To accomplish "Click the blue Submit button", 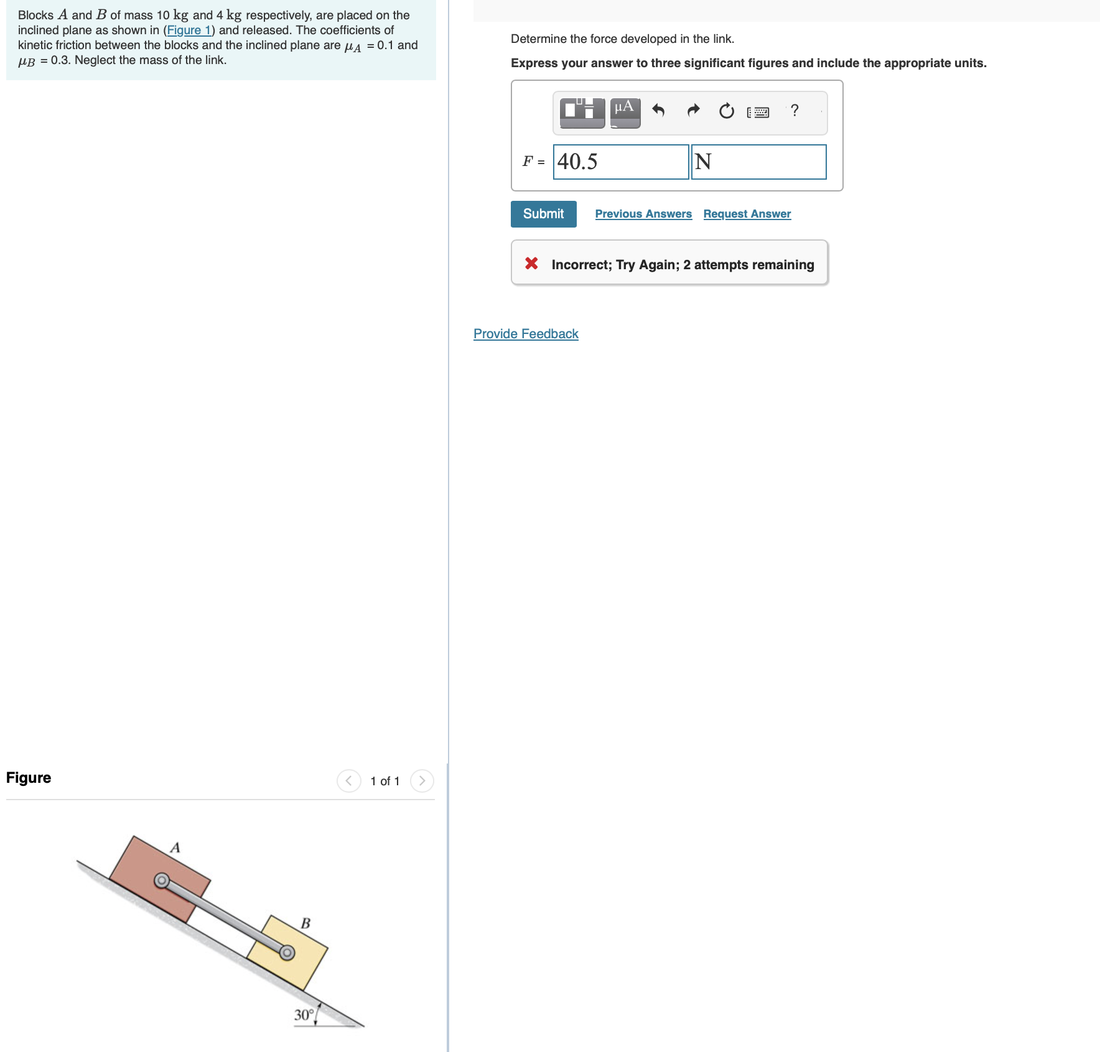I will coord(543,214).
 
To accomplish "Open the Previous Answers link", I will coord(643,214).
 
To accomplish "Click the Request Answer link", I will coord(747,214).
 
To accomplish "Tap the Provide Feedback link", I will coord(526,334).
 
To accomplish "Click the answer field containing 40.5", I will coord(620,162).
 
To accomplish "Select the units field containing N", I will coord(758,162).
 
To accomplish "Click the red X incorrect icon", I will coord(531,264).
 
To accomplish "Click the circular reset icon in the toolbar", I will coord(726,111).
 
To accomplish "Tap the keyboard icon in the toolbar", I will coord(758,112).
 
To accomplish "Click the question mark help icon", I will coord(795,111).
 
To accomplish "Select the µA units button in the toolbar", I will coord(625,112).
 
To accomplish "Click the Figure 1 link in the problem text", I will coord(189,30).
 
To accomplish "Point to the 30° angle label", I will coord(304,1015).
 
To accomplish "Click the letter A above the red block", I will coord(175,847).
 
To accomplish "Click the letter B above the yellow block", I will coord(305,923).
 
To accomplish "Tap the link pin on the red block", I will coord(162,880).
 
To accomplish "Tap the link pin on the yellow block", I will coord(287,953).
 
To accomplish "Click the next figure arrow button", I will coord(422,781).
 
